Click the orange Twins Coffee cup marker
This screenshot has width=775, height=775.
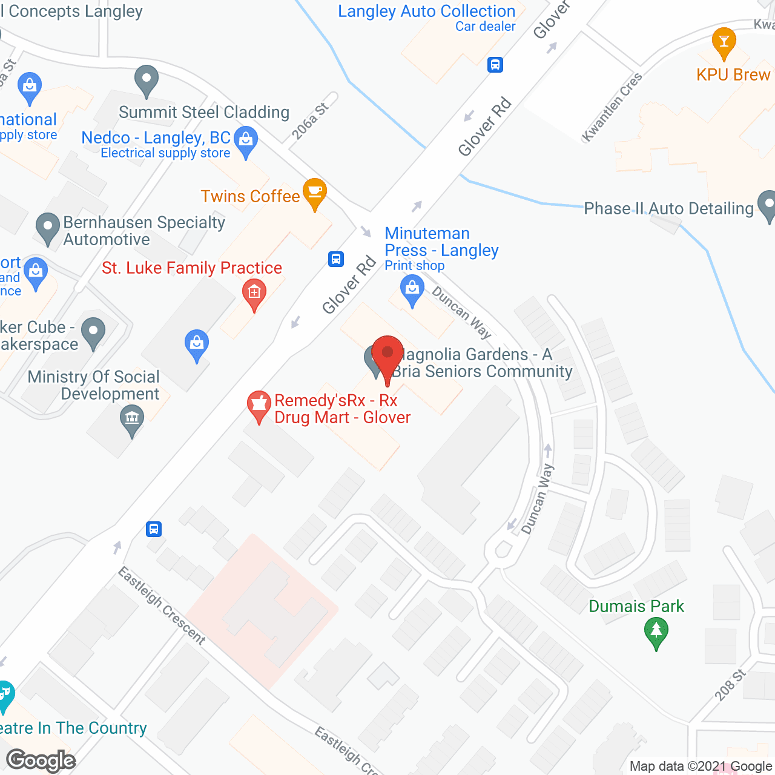(314, 193)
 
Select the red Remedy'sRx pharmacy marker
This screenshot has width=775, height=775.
(259, 406)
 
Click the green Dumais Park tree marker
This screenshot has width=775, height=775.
(656, 633)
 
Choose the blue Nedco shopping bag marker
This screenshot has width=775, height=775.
(245, 141)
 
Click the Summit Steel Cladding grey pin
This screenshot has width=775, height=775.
(147, 81)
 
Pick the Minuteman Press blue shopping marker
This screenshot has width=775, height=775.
(412, 289)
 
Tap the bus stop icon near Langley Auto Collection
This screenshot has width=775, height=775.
(495, 64)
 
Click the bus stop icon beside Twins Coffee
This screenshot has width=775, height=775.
(336, 259)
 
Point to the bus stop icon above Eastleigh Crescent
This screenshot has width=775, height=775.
(154, 529)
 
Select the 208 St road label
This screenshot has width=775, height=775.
(730, 685)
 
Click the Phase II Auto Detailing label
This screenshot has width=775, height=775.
(668, 209)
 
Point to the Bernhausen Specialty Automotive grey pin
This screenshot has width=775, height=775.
(48, 228)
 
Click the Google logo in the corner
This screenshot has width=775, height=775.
(41, 760)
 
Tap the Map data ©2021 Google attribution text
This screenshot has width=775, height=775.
(701, 767)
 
